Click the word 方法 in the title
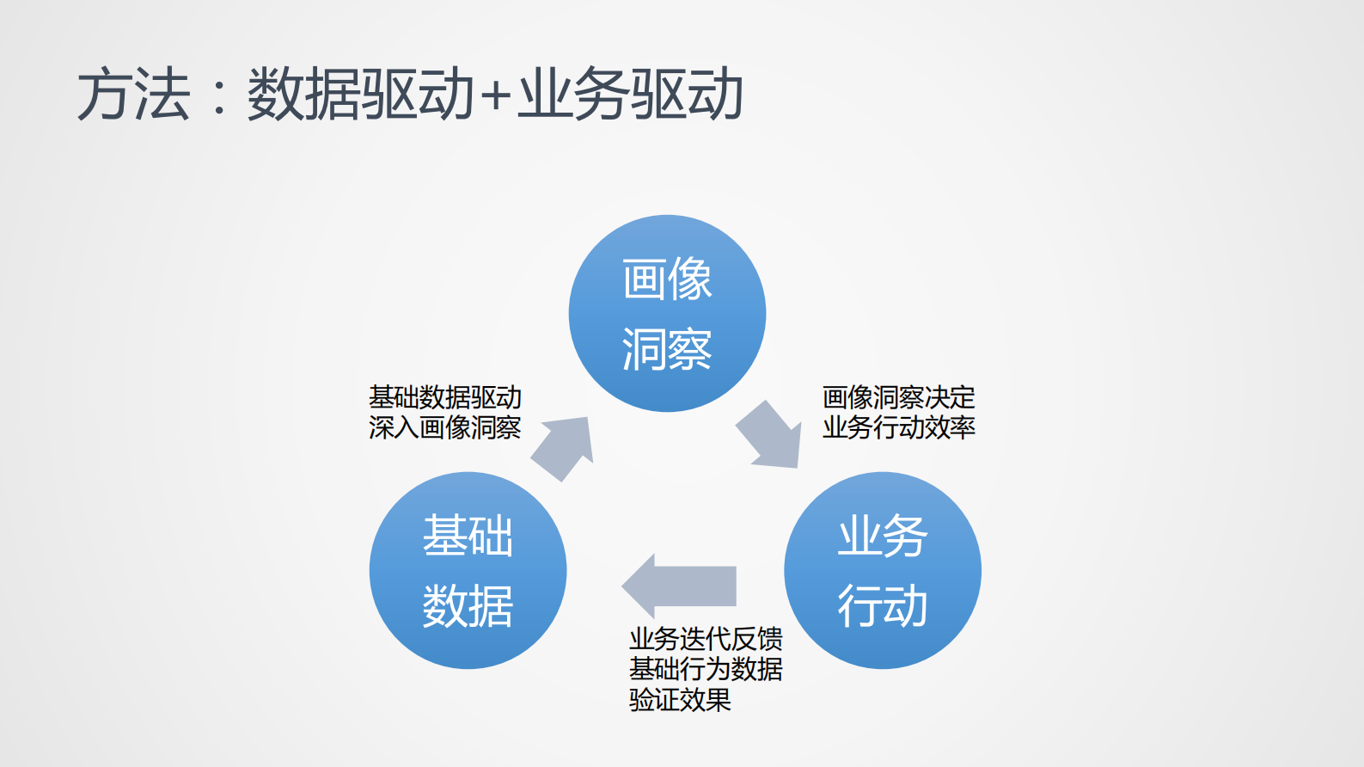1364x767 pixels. click(x=134, y=94)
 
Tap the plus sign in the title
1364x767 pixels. click(x=496, y=95)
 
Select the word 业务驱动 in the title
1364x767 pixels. click(x=630, y=94)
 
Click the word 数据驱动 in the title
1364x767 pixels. click(x=361, y=94)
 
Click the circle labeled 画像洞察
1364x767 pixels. click(x=667, y=313)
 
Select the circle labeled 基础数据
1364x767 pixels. click(x=468, y=570)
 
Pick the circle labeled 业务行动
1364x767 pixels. click(x=883, y=570)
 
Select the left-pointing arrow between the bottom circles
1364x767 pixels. click(x=679, y=586)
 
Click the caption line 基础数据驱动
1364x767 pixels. click(x=445, y=397)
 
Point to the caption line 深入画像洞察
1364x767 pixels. click(x=445, y=427)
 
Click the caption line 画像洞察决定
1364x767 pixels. click(x=899, y=397)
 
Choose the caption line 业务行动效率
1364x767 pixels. click(x=899, y=427)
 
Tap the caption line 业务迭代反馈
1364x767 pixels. click(x=706, y=639)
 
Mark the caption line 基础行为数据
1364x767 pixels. click(x=706, y=669)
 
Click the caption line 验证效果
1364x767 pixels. click(x=680, y=699)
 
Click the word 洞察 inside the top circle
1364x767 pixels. click(x=667, y=349)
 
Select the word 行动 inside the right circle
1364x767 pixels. click(x=883, y=605)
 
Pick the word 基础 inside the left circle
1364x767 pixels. click(x=468, y=536)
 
